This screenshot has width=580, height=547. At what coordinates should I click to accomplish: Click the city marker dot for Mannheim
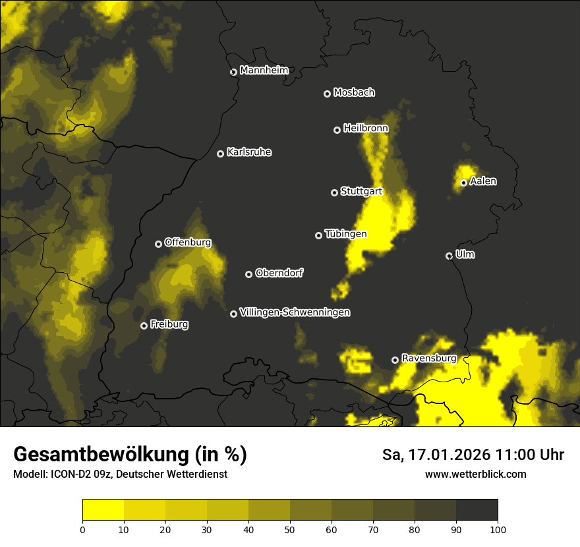(233, 72)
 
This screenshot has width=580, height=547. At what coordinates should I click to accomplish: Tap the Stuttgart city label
(361, 192)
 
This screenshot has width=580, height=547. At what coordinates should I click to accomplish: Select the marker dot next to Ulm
(449, 256)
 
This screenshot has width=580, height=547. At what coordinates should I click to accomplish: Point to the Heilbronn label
(366, 129)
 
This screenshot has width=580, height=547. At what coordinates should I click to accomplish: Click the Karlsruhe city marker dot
(221, 154)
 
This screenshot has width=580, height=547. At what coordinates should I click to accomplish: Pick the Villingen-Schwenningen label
(295, 312)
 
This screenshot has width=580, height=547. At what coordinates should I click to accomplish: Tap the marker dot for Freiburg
(144, 326)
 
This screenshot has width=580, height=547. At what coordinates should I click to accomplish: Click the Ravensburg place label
(428, 359)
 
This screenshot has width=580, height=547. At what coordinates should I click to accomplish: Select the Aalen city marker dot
(463, 183)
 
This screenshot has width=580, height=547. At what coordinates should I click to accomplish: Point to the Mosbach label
(354, 93)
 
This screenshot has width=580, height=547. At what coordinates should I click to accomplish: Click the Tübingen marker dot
(319, 235)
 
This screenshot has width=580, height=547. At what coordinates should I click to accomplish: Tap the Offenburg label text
(188, 243)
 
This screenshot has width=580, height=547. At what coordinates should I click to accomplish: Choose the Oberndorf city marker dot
(248, 274)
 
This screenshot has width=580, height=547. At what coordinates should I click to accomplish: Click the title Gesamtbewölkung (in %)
(130, 455)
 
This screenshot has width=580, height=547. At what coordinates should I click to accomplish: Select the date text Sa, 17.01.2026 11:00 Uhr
(473, 455)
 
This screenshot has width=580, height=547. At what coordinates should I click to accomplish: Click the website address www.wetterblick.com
(475, 474)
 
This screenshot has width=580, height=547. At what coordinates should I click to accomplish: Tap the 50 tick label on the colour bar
(290, 529)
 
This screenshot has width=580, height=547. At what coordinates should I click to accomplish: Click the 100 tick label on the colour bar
(498, 529)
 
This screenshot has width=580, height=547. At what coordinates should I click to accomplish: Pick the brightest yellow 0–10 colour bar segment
(103, 510)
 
